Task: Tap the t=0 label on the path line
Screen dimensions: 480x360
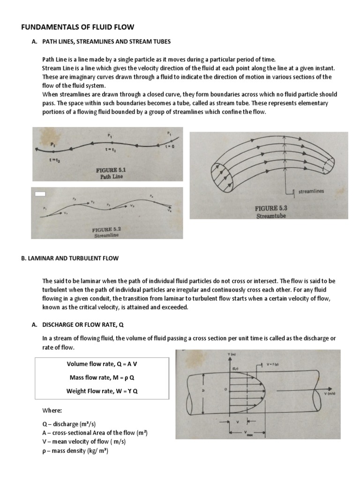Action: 170,146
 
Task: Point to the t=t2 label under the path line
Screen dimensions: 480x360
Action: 55,160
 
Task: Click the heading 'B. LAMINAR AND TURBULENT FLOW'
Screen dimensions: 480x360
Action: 70,258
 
